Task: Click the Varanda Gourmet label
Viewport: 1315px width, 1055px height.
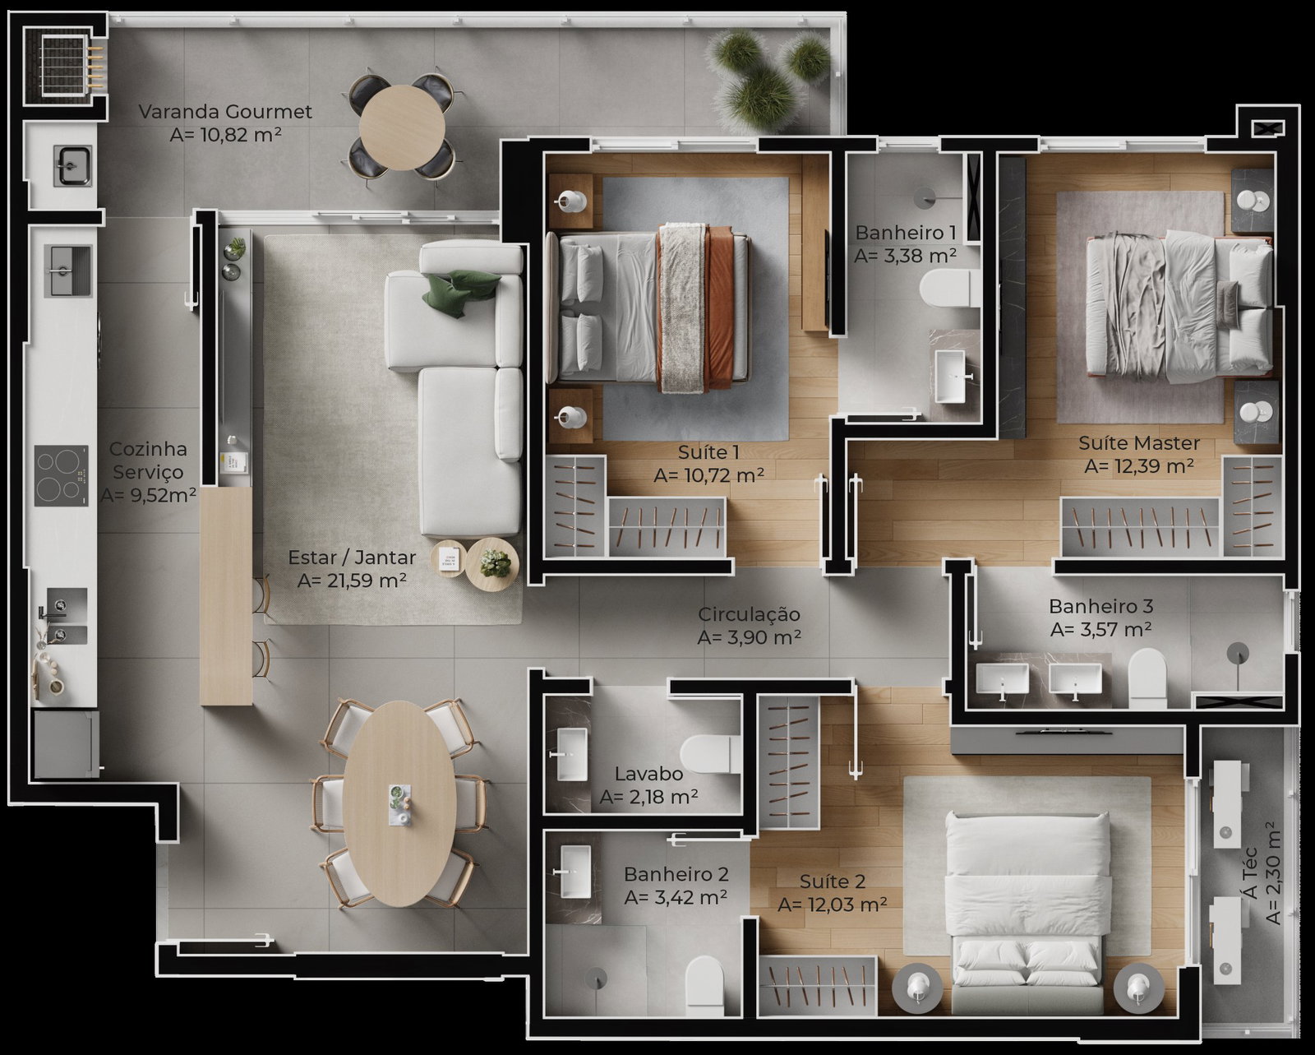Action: pyautogui.click(x=225, y=112)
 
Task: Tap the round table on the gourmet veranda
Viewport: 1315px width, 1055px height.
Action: pyautogui.click(x=402, y=127)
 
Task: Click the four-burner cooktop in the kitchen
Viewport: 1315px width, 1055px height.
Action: pyautogui.click(x=61, y=476)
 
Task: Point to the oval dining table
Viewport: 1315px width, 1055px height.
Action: pyautogui.click(x=399, y=803)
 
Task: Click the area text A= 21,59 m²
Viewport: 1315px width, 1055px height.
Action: pyautogui.click(x=352, y=581)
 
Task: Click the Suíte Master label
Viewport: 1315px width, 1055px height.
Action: pyautogui.click(x=1139, y=442)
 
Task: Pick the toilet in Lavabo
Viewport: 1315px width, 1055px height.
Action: pyautogui.click(x=706, y=754)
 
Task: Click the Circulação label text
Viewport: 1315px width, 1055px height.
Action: pyautogui.click(x=749, y=614)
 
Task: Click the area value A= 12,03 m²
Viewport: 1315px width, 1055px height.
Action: pyautogui.click(x=833, y=905)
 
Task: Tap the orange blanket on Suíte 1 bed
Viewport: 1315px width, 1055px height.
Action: pyautogui.click(x=719, y=309)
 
